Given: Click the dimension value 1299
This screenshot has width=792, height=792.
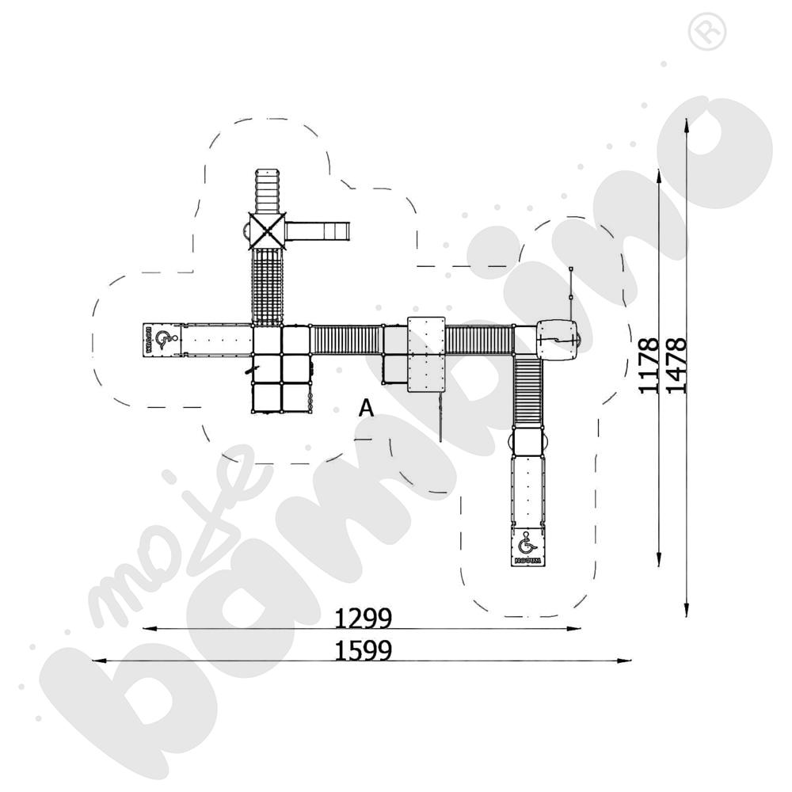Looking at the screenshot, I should pos(364,617).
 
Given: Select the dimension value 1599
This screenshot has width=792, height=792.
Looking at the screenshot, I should pos(364,649).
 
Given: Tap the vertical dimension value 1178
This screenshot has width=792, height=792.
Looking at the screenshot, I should pos(649,366).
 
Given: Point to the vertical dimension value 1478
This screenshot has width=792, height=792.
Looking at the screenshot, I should pos(676,366).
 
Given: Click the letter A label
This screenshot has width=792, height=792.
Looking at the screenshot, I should pos(366,409).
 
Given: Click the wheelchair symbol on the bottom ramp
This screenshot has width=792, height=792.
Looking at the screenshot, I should pos(527,544).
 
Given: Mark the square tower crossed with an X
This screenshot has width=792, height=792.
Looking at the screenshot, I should pos(267,230).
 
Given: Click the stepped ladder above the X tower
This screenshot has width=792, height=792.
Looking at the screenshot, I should pos(267,190).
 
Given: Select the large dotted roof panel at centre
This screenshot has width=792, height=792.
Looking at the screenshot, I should pos(426,353).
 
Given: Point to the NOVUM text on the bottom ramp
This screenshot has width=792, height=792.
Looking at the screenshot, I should pos(527,560).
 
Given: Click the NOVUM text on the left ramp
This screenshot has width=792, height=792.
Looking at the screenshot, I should pos(148,340).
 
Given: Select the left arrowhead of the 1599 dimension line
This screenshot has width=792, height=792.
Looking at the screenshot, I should pos(95,660).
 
